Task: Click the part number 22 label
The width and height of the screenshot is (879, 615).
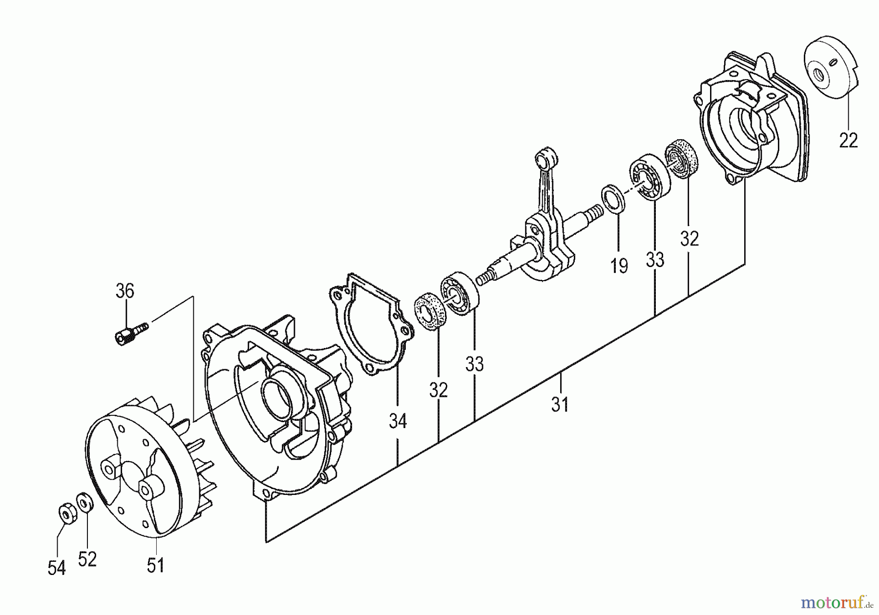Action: click(848, 141)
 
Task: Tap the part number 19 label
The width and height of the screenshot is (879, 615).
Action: click(619, 266)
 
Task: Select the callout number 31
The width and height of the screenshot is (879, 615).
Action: click(560, 404)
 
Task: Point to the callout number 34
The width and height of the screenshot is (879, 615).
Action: click(398, 421)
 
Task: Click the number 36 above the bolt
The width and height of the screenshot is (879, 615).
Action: click(125, 291)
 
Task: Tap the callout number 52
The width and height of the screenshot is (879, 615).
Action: click(87, 559)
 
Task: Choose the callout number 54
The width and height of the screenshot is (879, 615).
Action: click(57, 568)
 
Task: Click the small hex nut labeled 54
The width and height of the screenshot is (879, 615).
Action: click(64, 513)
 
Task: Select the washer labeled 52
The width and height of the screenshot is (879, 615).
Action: click(84, 502)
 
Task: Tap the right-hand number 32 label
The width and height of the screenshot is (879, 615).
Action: click(690, 239)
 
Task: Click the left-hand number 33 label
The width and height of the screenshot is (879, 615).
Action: click(474, 364)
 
